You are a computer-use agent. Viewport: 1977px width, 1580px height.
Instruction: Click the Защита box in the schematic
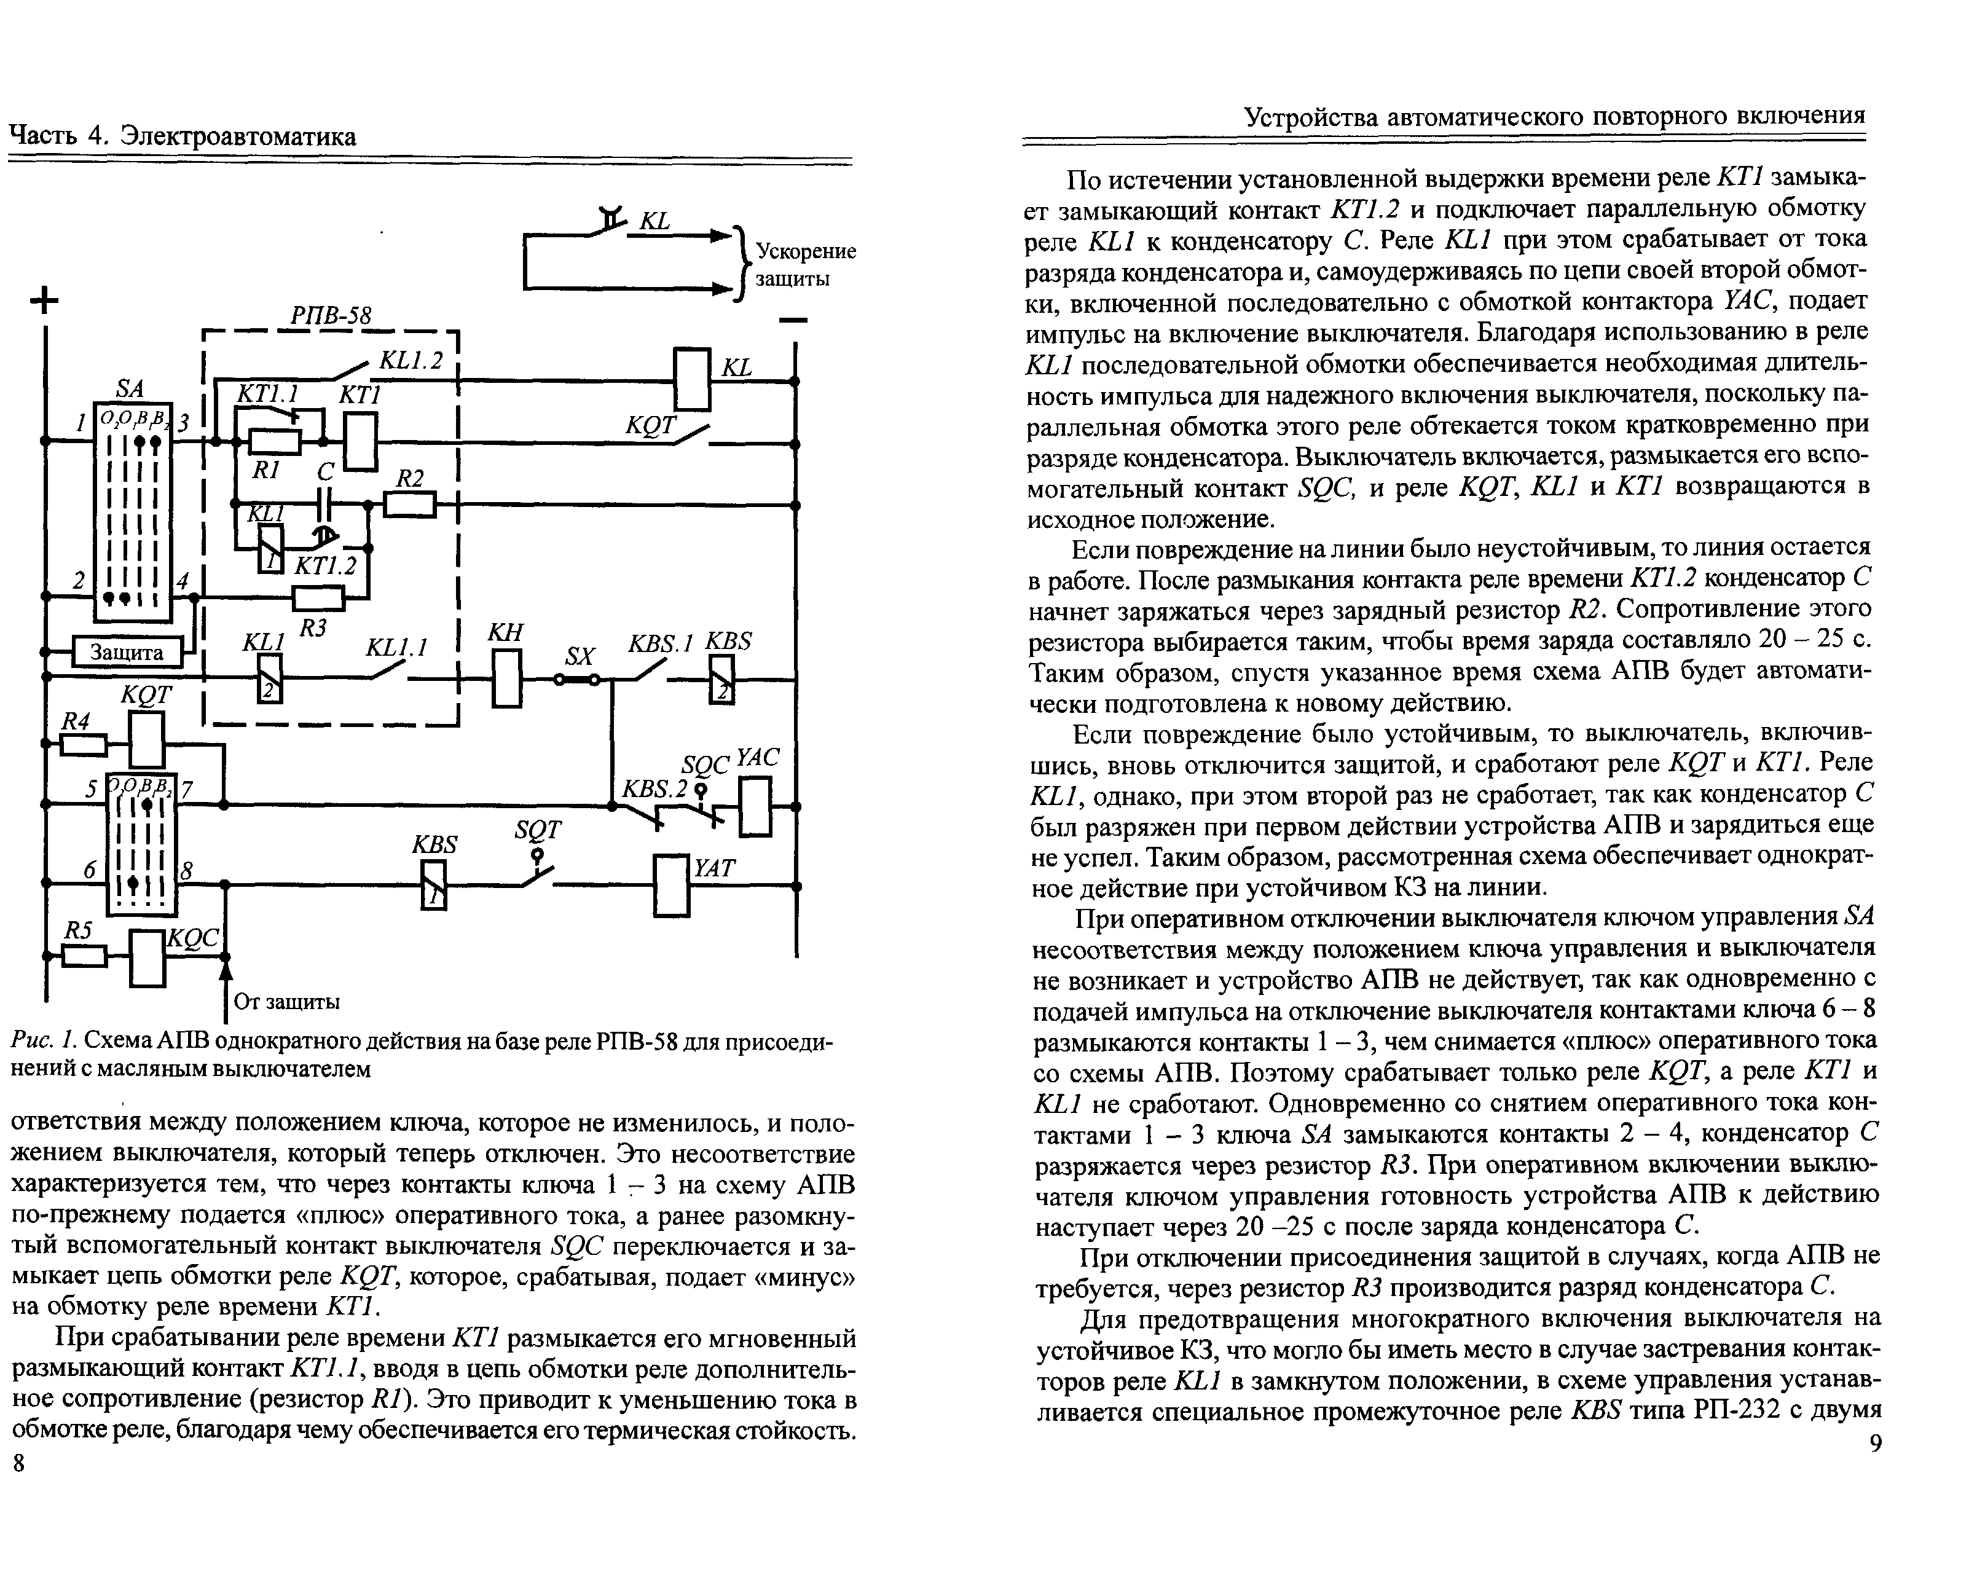pyautogui.click(x=127, y=652)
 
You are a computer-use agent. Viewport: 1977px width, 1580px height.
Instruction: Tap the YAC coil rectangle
pyautogui.click(x=756, y=806)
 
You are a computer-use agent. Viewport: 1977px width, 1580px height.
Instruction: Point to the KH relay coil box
pyautogui.click(x=506, y=678)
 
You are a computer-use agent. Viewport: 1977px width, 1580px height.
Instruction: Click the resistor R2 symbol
pyautogui.click(x=409, y=505)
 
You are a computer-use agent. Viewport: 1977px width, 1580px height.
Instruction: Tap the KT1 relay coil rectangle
pyautogui.click(x=360, y=442)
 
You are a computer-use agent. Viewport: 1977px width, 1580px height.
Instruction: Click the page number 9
pyautogui.click(x=1875, y=1444)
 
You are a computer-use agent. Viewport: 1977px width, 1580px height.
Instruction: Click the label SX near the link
pyautogui.click(x=580, y=656)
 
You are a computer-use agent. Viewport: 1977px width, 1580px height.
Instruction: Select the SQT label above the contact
pyautogui.click(x=537, y=829)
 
